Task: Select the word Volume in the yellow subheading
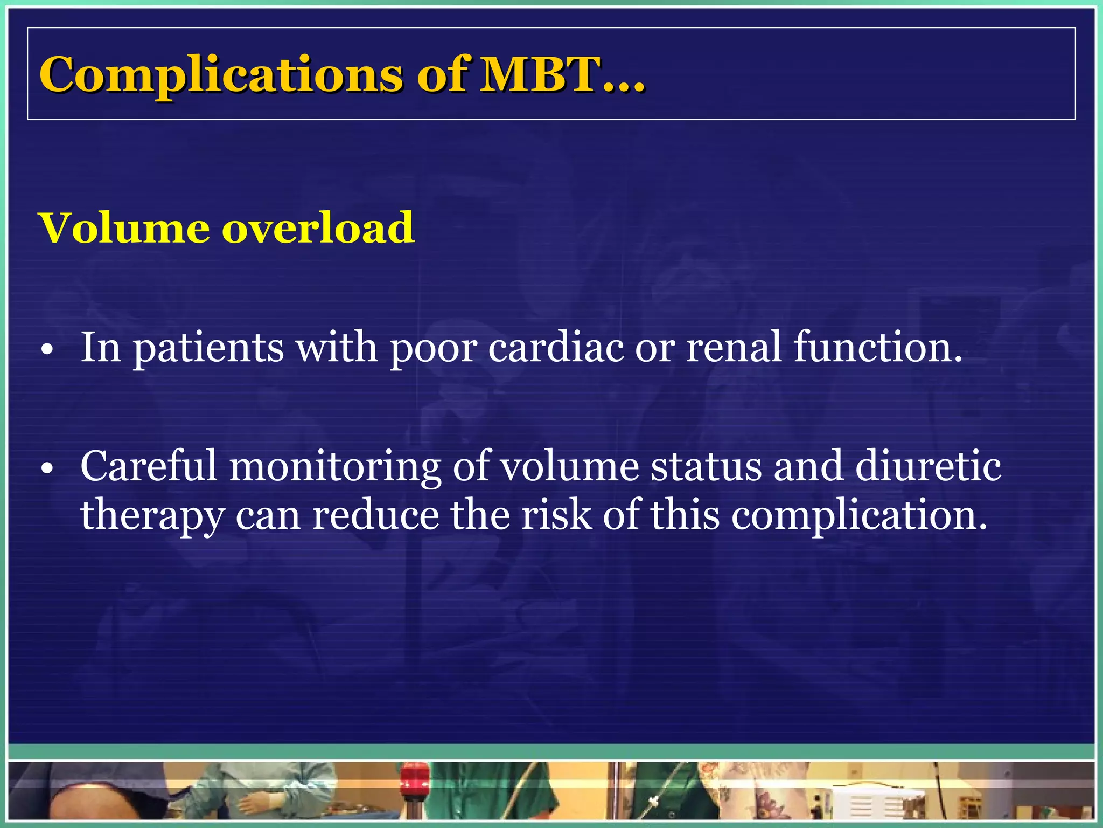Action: (124, 228)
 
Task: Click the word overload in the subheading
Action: (318, 228)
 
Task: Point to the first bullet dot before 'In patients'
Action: (48, 350)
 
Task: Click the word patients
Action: (208, 348)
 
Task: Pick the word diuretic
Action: (927, 466)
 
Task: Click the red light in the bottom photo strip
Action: (415, 776)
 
